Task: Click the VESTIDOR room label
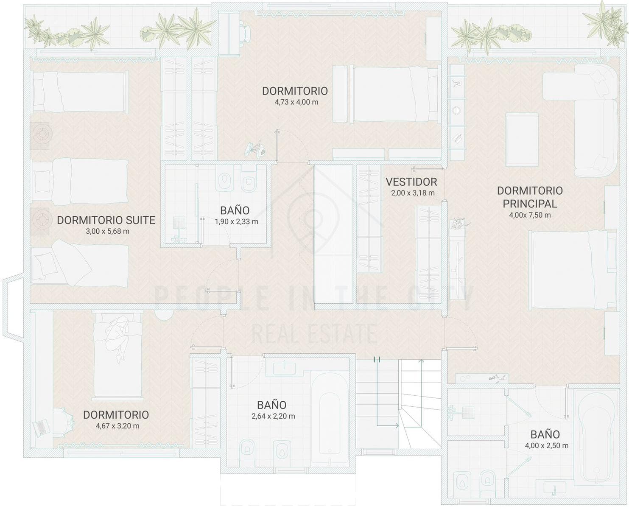tap(411, 182)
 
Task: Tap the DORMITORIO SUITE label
tap(106, 220)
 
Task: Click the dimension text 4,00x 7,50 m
tap(530, 215)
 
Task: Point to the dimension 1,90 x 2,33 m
tap(236, 221)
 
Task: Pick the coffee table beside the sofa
tap(522, 140)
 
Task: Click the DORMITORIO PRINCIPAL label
tap(530, 197)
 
